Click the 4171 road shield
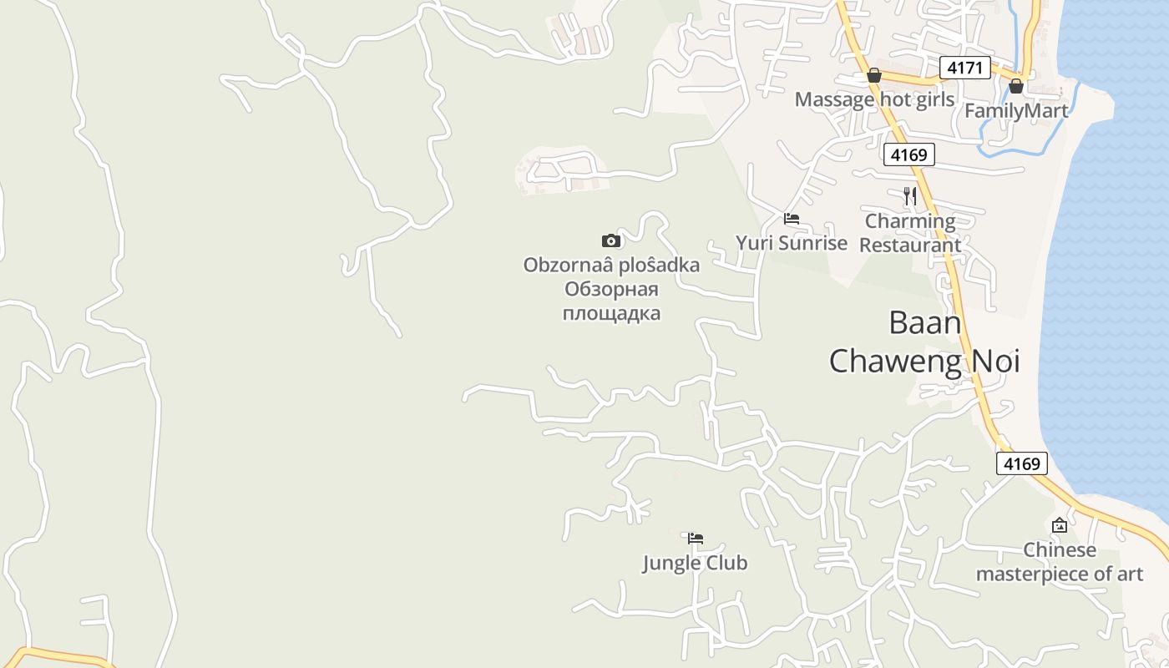(964, 68)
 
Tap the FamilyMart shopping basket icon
(1016, 86)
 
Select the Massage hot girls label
(874, 99)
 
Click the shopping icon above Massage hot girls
(874, 76)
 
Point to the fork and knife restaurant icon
(910, 196)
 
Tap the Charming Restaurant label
(910, 233)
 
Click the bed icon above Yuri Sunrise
(792, 219)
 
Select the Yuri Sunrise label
(792, 243)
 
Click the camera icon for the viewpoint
(611, 241)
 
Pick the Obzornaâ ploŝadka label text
(611, 265)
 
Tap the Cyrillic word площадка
(611, 313)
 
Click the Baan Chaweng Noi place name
(924, 342)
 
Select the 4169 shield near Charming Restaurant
(908, 154)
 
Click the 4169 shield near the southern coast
(1022, 463)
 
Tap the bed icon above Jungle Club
(696, 539)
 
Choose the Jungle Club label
(695, 563)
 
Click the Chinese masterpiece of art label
(1060, 562)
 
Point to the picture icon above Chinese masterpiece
(1060, 525)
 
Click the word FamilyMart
(1016, 110)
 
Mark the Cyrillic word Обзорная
(611, 289)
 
